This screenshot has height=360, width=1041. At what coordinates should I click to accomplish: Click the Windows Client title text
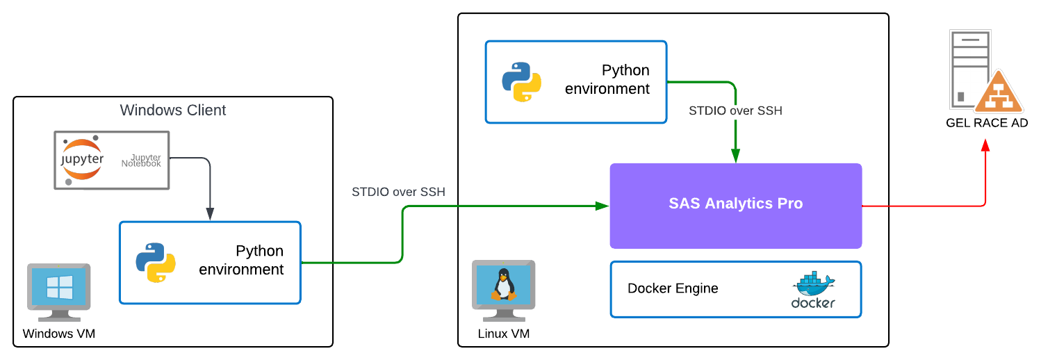tap(173, 110)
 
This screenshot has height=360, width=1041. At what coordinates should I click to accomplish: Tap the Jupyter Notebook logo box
tap(111, 160)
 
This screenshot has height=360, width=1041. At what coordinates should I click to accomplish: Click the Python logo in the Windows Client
tap(156, 262)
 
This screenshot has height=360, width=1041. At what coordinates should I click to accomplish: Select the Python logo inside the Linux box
tap(521, 81)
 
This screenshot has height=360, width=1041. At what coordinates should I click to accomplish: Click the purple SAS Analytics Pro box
tap(735, 205)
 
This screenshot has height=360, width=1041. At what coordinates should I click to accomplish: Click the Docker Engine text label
tap(673, 288)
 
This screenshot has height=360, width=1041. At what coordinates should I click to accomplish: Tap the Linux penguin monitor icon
tap(503, 284)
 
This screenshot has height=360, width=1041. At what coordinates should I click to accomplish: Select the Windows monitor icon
tap(58, 287)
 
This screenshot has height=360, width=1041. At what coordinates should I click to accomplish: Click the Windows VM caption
tap(58, 334)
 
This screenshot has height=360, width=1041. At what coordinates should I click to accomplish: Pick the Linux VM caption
tap(504, 334)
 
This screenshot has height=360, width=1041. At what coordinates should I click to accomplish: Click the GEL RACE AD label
tap(986, 123)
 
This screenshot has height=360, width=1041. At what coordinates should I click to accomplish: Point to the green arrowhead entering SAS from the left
tap(603, 206)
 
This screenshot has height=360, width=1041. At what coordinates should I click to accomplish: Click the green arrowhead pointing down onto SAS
tap(735, 158)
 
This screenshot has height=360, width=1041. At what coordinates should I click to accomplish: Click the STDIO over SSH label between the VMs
tap(398, 192)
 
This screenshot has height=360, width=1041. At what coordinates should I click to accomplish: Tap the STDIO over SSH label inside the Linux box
tap(735, 111)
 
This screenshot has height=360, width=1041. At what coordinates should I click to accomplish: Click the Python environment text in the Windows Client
tap(241, 260)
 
